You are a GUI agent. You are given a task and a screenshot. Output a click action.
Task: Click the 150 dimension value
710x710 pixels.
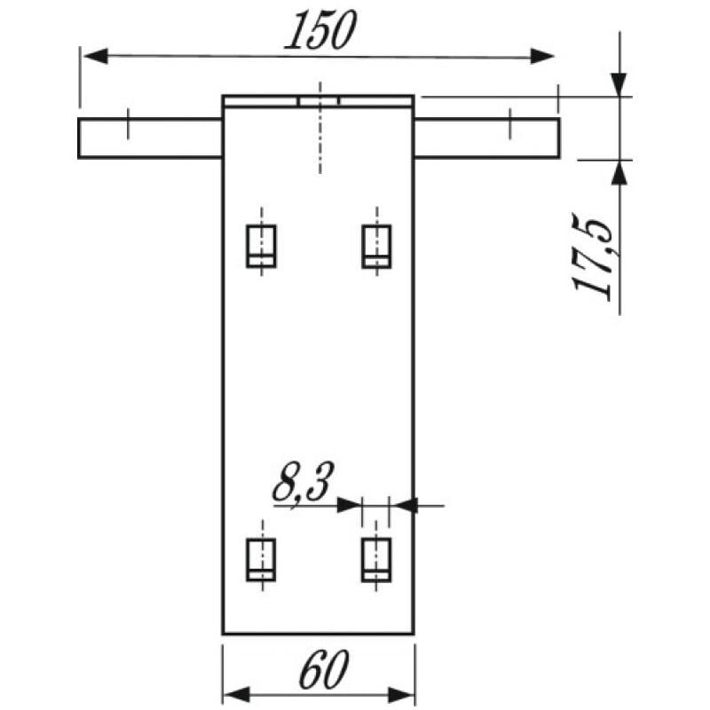tap(320, 30)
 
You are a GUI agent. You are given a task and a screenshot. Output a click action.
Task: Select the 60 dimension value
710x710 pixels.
tap(324, 669)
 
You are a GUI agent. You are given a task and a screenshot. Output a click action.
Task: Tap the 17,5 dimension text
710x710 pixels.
tap(593, 256)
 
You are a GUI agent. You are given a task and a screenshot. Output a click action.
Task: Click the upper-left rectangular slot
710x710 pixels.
tap(261, 246)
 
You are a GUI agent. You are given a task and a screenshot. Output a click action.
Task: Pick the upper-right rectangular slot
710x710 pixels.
tap(376, 246)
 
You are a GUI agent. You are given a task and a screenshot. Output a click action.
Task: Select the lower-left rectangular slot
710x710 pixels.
tap(261, 560)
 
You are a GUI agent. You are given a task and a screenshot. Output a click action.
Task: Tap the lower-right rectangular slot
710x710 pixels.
tap(376, 560)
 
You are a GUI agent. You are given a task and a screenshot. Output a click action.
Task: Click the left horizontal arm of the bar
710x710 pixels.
tap(150, 138)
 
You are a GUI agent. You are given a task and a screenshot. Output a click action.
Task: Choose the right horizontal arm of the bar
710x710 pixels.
tap(486, 138)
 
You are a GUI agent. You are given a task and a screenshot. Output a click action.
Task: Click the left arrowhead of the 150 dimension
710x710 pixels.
tap(96, 57)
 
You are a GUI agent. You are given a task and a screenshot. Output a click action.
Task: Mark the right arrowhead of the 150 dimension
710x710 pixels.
tap(542, 57)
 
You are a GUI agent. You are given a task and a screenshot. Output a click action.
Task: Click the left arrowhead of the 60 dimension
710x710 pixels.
tap(237, 694)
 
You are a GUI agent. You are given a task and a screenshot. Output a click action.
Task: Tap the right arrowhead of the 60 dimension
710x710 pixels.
tap(401, 694)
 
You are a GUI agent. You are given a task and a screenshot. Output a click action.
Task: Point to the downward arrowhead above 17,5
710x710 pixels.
tap(619, 84)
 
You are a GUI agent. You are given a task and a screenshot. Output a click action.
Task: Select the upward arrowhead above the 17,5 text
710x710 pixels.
tap(619, 172)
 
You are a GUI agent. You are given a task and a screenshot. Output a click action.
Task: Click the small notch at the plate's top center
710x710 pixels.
tap(319, 101)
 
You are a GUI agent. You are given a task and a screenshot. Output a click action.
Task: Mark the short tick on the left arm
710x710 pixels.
tap(128, 123)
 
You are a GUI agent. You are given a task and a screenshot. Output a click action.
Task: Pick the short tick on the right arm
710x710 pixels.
tap(510, 123)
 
